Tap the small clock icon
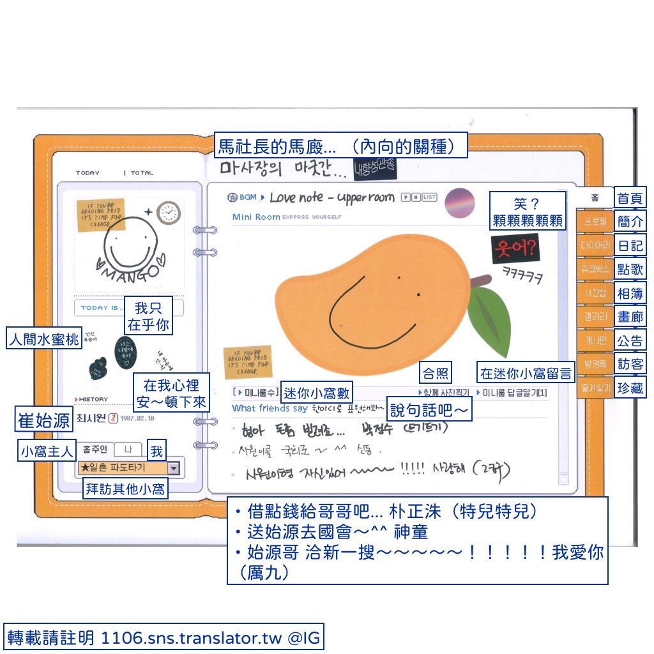pyautogui.click(x=168, y=213)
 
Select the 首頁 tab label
pyautogui.click(x=630, y=197)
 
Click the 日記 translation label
pyautogui.click(x=630, y=245)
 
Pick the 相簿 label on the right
pyautogui.click(x=630, y=293)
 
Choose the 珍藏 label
pyautogui.click(x=630, y=387)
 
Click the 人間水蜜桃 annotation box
pyautogui.click(x=43, y=338)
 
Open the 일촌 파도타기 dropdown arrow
pyautogui.click(x=174, y=468)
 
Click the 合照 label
pyautogui.click(x=434, y=373)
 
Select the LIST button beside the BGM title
pyautogui.click(x=429, y=197)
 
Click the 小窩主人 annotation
pyautogui.click(x=47, y=451)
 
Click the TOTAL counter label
pyautogui.click(x=142, y=173)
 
